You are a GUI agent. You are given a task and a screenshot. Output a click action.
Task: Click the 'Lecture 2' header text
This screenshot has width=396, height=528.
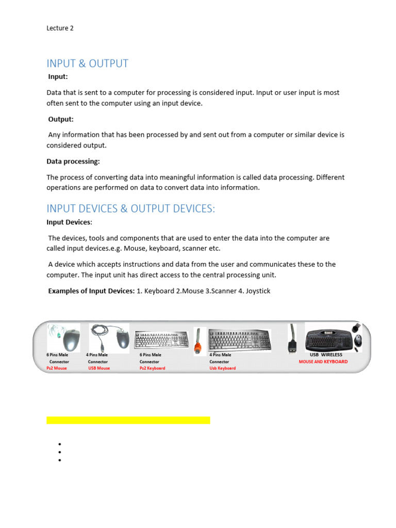pyautogui.click(x=60, y=28)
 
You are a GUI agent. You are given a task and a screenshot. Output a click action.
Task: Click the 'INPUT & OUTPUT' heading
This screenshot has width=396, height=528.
pyautogui.click(x=87, y=63)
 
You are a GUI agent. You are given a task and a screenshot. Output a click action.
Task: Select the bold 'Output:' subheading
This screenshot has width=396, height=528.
pyautogui.click(x=61, y=119)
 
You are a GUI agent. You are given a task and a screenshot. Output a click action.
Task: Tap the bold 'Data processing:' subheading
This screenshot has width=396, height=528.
pyautogui.click(x=73, y=161)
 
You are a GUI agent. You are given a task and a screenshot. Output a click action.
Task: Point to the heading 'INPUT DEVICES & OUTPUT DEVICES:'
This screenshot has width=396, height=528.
pyautogui.click(x=130, y=209)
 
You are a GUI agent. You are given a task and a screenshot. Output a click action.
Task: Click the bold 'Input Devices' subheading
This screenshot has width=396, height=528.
pyautogui.click(x=69, y=222)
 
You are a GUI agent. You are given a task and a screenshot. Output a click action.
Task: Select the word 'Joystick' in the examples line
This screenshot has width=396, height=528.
pyautogui.click(x=258, y=291)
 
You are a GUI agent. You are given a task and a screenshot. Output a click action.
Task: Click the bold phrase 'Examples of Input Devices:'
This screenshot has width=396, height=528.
pyautogui.click(x=91, y=291)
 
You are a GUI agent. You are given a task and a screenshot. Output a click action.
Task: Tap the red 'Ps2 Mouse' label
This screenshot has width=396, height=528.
pyautogui.click(x=57, y=369)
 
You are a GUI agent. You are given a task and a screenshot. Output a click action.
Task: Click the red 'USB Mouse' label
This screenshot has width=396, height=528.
pyautogui.click(x=99, y=369)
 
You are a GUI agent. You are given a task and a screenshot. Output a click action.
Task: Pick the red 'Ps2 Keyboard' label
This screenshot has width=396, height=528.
pyautogui.click(x=152, y=369)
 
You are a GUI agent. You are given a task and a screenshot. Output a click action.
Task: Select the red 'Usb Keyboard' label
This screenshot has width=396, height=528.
pyautogui.click(x=222, y=369)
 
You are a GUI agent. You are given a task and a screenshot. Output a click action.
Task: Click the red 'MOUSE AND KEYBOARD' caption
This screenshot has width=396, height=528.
pyautogui.click(x=323, y=362)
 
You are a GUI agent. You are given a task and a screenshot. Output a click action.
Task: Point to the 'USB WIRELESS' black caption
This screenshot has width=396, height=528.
pyautogui.click(x=326, y=355)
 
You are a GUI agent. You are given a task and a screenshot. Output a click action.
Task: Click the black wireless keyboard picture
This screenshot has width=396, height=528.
pyautogui.click(x=329, y=338)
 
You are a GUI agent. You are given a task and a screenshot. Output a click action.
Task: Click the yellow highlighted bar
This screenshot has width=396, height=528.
pyautogui.click(x=128, y=420)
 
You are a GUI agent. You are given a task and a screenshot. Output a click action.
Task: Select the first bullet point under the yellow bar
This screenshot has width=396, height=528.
pyautogui.click(x=60, y=444)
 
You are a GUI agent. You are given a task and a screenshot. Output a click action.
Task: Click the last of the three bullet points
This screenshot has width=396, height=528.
pyautogui.click(x=60, y=460)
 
